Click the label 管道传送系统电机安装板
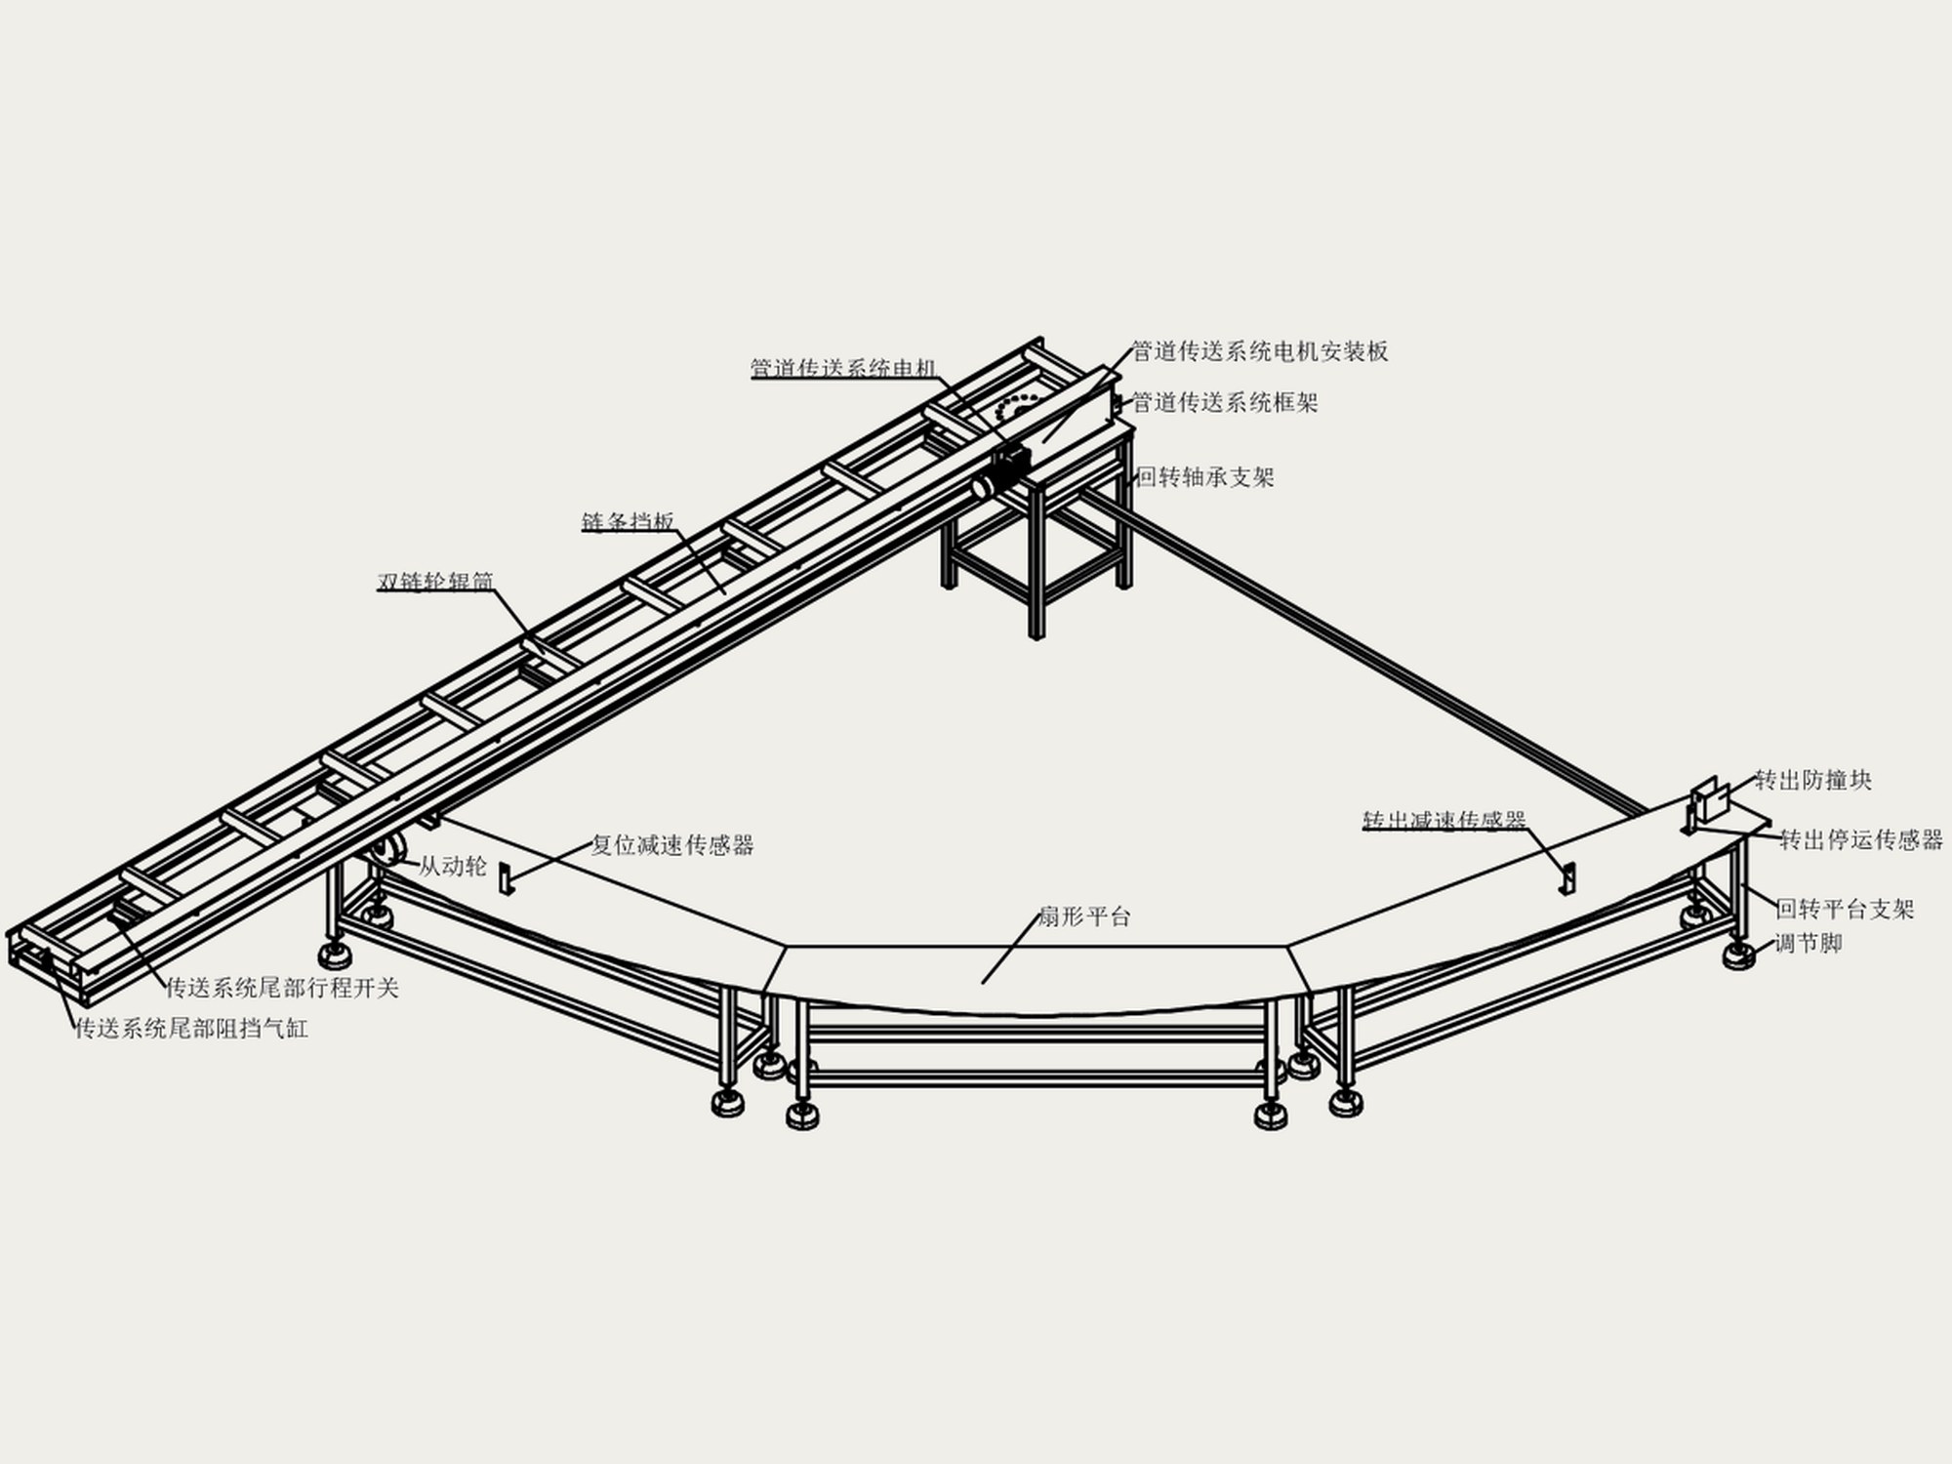[1260, 352]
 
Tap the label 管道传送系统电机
[843, 368]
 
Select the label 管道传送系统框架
[1225, 402]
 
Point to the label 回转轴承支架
[1206, 477]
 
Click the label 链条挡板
[628, 522]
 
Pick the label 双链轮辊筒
[435, 582]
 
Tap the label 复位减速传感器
[672, 845]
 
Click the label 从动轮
[453, 866]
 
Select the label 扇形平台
[1083, 916]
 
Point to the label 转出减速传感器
[1444, 821]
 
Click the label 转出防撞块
[1813, 780]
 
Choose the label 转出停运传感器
[1861, 839]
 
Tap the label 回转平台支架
[1845, 910]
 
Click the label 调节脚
[1808, 944]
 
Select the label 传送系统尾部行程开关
[282, 989]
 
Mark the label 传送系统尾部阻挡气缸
[192, 1029]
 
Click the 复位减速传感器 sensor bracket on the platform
[506, 877]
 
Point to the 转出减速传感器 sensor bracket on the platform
[1566, 876]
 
